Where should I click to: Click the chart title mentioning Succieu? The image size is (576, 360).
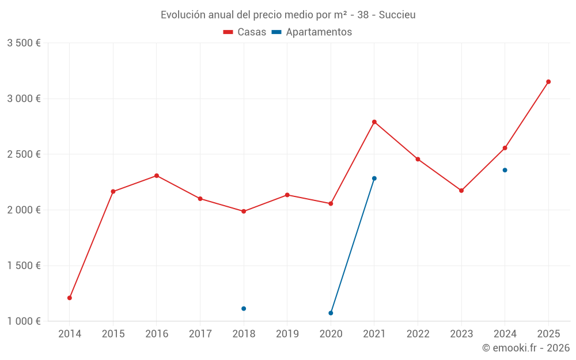(x=288, y=14)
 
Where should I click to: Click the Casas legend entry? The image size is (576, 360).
(x=245, y=32)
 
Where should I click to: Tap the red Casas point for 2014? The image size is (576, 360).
(x=70, y=298)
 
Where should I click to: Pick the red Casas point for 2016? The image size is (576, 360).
(x=157, y=176)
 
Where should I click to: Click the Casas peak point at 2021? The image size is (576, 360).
(x=374, y=122)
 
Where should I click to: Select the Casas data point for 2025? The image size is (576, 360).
(x=548, y=82)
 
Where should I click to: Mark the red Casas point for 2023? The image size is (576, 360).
(x=461, y=191)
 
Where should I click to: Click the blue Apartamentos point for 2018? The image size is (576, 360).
(x=244, y=309)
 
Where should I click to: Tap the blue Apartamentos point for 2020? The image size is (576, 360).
(x=331, y=313)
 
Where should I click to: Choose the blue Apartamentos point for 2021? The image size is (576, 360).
(x=374, y=179)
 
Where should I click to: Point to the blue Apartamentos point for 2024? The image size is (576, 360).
(x=505, y=170)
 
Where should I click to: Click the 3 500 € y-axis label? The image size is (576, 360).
(x=24, y=43)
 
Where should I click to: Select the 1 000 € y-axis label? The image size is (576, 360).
(x=24, y=321)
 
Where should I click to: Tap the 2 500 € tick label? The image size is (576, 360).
(x=24, y=154)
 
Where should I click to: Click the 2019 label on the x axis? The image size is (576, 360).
(x=287, y=334)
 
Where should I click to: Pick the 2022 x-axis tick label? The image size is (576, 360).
(x=418, y=334)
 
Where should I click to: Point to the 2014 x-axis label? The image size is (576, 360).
(x=70, y=334)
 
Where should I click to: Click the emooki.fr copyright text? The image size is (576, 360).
(x=525, y=348)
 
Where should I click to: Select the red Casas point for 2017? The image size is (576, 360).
(x=200, y=199)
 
